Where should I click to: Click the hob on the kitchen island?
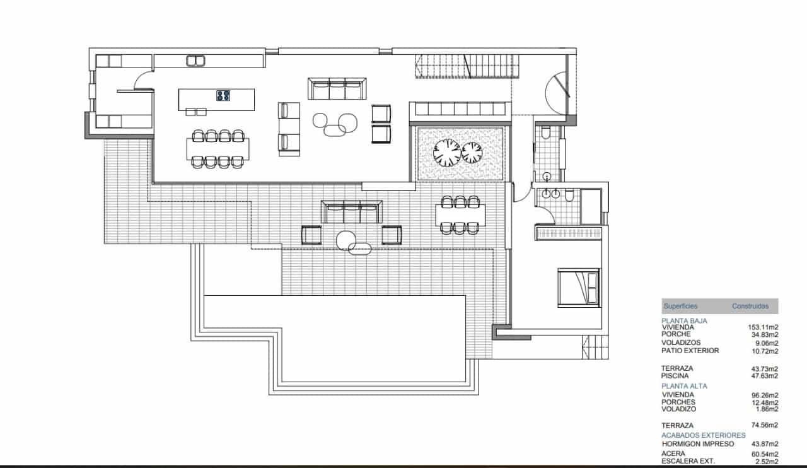click(223, 96)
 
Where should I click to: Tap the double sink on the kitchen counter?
click(195, 61)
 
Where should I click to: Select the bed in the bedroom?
click(579, 287)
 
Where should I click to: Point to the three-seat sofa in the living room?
click(337, 88)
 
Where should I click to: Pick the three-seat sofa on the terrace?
click(352, 211)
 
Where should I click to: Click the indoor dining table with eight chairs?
click(218, 149)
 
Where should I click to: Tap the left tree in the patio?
click(448, 152)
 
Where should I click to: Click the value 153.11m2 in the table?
click(763, 327)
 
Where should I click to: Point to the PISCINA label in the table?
click(675, 376)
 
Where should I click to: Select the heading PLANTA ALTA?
click(684, 385)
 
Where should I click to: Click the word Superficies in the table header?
click(680, 307)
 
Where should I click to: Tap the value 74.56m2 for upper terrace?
click(763, 425)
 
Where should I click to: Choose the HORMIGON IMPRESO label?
click(697, 444)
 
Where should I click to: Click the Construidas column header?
click(750, 307)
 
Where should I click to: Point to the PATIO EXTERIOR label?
click(690, 351)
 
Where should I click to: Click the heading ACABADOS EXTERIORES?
click(703, 435)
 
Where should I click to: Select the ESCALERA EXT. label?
click(688, 461)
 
